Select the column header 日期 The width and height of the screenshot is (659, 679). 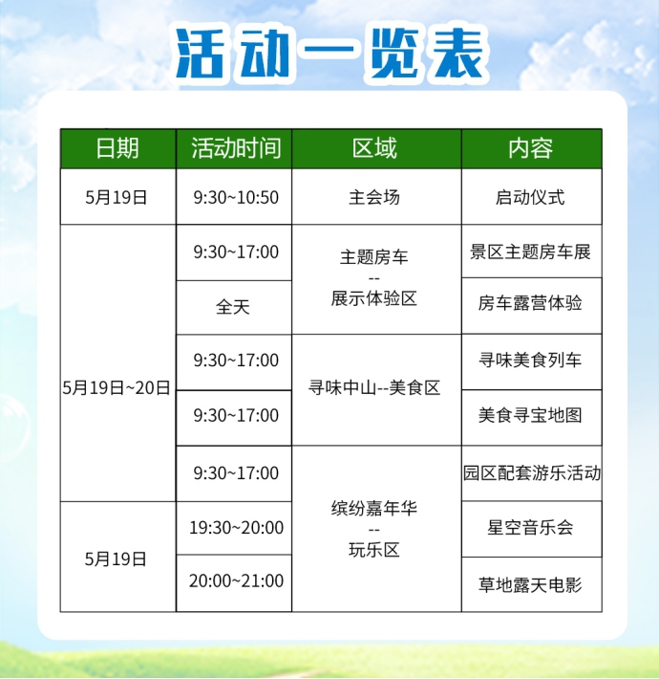[x=117, y=148]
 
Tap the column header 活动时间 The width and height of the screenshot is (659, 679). [x=236, y=148]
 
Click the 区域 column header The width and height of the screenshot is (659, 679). [x=374, y=148]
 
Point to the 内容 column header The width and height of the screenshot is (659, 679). [x=531, y=148]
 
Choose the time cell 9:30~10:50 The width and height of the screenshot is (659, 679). [x=236, y=197]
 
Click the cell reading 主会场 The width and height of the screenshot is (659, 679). [x=374, y=197]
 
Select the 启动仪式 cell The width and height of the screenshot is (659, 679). [x=530, y=197]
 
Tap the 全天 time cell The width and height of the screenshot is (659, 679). [x=233, y=307]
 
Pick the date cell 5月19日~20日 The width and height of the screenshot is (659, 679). [x=117, y=387]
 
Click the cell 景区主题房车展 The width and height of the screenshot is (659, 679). [x=531, y=252]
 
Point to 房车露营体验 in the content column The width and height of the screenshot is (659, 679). [x=530, y=303]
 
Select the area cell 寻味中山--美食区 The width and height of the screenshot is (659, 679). [x=374, y=387]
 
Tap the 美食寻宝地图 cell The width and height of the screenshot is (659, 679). [x=530, y=415]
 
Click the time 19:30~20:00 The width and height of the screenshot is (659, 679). [x=237, y=528]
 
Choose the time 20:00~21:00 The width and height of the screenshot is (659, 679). [x=237, y=581]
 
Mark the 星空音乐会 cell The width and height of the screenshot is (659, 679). [x=530, y=528]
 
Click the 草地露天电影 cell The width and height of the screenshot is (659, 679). [x=530, y=585]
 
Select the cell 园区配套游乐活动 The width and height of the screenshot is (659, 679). [x=532, y=472]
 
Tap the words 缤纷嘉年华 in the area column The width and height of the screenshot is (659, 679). [x=374, y=508]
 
